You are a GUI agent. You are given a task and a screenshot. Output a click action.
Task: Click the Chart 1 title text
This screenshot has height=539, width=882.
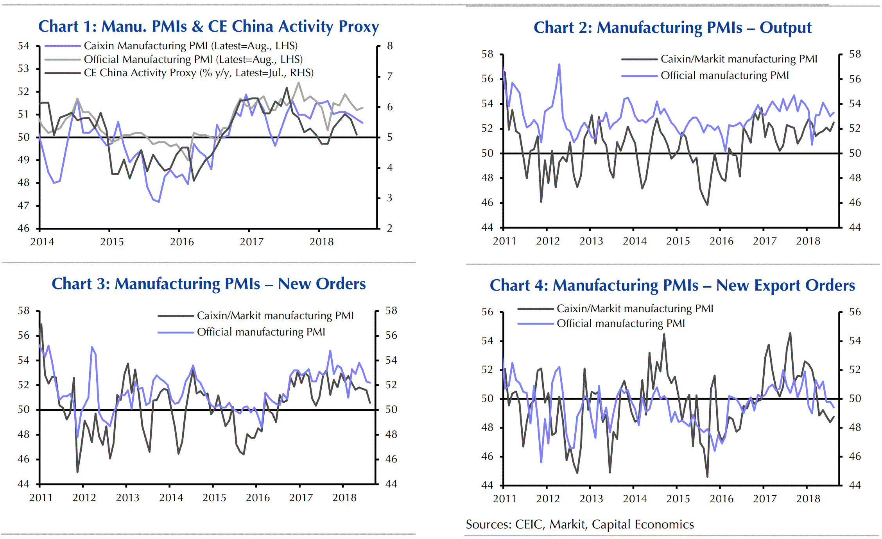tap(208, 27)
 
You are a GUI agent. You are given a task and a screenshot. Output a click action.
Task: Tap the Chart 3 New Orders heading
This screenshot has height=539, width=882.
tap(209, 284)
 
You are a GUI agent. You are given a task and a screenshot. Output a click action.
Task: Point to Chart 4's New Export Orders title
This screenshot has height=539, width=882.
tap(672, 286)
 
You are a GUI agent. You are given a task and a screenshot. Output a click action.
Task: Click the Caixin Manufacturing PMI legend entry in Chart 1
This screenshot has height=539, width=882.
tap(190, 46)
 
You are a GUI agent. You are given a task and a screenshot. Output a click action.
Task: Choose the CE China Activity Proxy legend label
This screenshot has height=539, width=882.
tap(199, 73)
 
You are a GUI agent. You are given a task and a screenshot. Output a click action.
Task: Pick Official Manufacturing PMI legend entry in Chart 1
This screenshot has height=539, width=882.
tap(193, 59)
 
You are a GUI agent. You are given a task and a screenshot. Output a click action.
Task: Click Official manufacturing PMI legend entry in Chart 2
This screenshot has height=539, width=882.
tap(724, 75)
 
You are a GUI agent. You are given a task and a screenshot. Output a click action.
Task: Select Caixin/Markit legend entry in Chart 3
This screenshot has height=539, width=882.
tap(275, 316)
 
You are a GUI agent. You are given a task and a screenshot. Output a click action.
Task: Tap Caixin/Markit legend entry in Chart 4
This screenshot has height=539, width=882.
tap(635, 309)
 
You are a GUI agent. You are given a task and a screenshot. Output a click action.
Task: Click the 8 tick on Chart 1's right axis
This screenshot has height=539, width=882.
tap(390, 46)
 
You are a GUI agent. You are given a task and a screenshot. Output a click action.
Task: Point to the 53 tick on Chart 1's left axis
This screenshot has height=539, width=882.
tap(23, 69)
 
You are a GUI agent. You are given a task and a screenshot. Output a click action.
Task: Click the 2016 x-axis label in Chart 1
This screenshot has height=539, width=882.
tap(182, 242)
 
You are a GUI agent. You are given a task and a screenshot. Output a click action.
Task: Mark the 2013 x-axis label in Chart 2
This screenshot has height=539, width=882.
tap(591, 241)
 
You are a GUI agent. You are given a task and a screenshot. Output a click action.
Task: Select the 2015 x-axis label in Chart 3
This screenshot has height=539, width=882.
tap(214, 498)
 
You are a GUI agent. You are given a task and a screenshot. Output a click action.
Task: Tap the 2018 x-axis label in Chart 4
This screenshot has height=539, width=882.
tap(808, 499)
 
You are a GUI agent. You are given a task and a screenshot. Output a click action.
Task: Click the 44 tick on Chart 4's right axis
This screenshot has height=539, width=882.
tap(855, 485)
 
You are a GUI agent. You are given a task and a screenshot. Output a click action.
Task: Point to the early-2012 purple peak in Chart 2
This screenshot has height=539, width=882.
tap(559, 64)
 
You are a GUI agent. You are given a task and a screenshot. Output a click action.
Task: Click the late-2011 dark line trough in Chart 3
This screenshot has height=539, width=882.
tap(77, 472)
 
